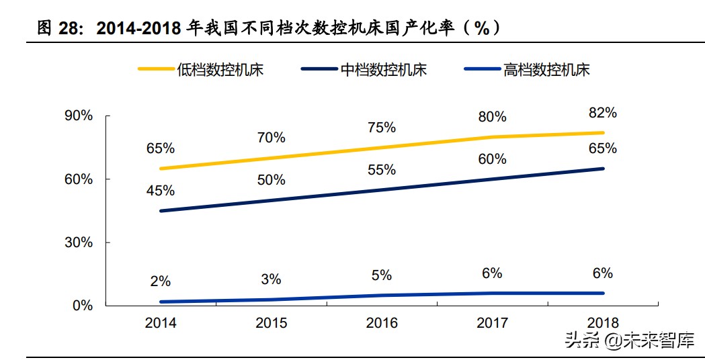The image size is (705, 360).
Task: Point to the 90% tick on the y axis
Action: [x=79, y=116]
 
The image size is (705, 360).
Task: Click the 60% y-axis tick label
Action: [x=79, y=179]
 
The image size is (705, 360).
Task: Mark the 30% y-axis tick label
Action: [x=79, y=242]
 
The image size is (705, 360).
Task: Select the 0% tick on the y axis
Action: [x=82, y=306]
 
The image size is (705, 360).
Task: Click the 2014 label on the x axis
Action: [x=161, y=323]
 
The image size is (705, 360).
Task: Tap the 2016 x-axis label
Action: [x=382, y=323]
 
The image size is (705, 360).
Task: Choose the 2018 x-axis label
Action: [x=602, y=323]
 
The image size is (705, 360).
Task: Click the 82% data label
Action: [x=602, y=112]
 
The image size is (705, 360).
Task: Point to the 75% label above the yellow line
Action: [x=382, y=128]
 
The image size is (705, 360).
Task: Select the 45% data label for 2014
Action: [x=161, y=191]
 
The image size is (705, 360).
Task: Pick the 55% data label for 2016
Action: [x=382, y=170]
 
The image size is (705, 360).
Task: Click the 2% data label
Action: [x=161, y=281]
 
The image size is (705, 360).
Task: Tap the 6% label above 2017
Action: [x=492, y=273]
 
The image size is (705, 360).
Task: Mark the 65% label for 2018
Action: [x=602, y=148]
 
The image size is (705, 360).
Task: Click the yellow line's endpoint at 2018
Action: [x=603, y=133]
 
